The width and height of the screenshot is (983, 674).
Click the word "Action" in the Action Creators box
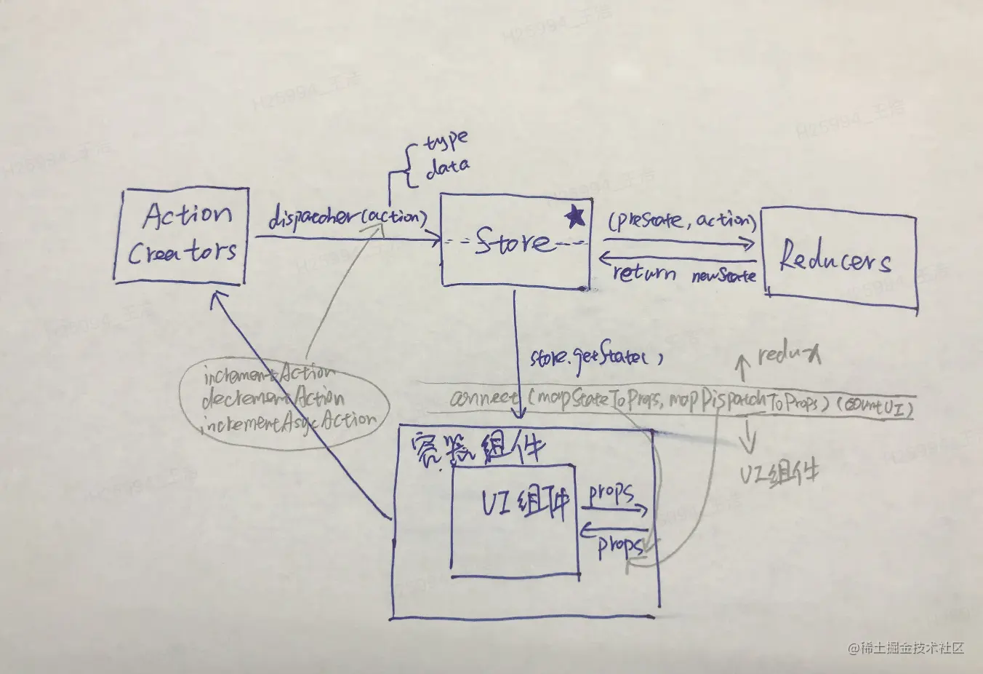188,215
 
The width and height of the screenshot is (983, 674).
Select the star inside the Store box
574,216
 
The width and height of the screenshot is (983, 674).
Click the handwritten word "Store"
513,242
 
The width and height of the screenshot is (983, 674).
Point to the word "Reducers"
835,259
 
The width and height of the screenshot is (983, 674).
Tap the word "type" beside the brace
445,140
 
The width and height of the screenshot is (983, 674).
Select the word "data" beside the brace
446,168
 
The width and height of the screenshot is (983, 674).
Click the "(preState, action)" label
682,221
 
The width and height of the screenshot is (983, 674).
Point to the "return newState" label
683,274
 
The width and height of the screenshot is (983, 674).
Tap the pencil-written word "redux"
789,354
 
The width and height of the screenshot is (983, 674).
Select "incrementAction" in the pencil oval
269,375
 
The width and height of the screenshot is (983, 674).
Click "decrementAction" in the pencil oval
273,398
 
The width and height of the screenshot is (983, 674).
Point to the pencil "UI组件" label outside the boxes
779,474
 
